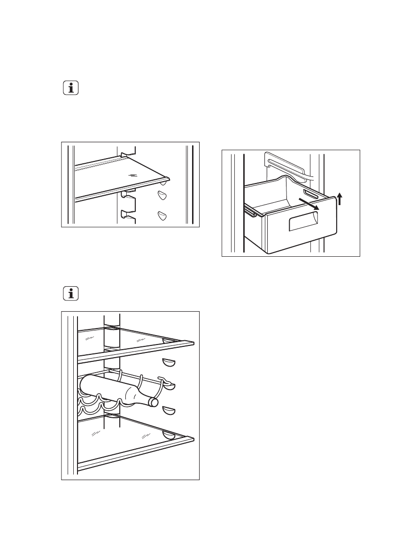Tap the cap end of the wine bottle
click(x=153, y=402)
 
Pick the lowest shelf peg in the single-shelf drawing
click(x=162, y=215)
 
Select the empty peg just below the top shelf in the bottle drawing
click(x=168, y=362)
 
